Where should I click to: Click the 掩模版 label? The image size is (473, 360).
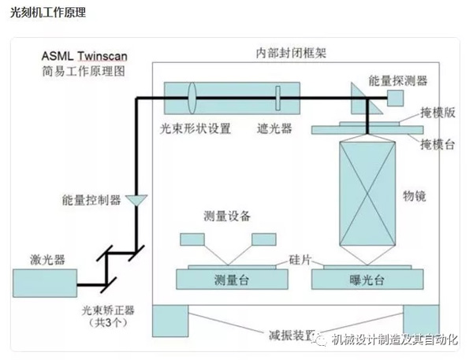(439, 113)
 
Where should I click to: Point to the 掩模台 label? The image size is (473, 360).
(439, 144)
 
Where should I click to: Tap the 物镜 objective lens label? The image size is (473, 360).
(419, 195)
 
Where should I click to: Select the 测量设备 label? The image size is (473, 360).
(229, 217)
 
